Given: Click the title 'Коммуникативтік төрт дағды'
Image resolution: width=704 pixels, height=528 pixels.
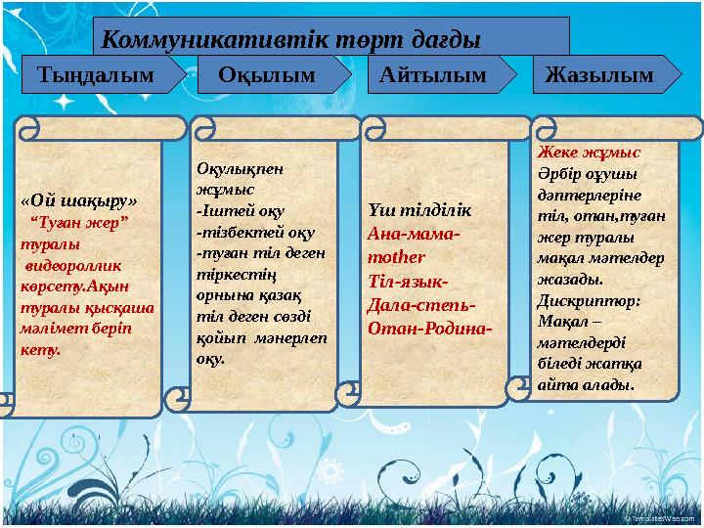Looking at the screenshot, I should point(291,40).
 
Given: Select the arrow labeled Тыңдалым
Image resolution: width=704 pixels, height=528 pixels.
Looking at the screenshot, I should point(95,74).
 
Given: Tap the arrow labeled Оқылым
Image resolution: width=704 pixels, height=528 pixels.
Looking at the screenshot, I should point(267,74).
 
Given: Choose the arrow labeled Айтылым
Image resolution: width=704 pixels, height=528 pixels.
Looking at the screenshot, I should point(432,74).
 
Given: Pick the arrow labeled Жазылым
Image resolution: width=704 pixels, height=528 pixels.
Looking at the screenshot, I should point(598,74).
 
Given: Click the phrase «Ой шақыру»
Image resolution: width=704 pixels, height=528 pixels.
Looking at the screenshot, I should point(78,200).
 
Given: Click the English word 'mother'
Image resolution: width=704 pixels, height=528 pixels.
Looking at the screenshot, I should point(396,258).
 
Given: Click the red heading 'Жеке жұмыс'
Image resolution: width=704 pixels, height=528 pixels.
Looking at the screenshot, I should point(589,153).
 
